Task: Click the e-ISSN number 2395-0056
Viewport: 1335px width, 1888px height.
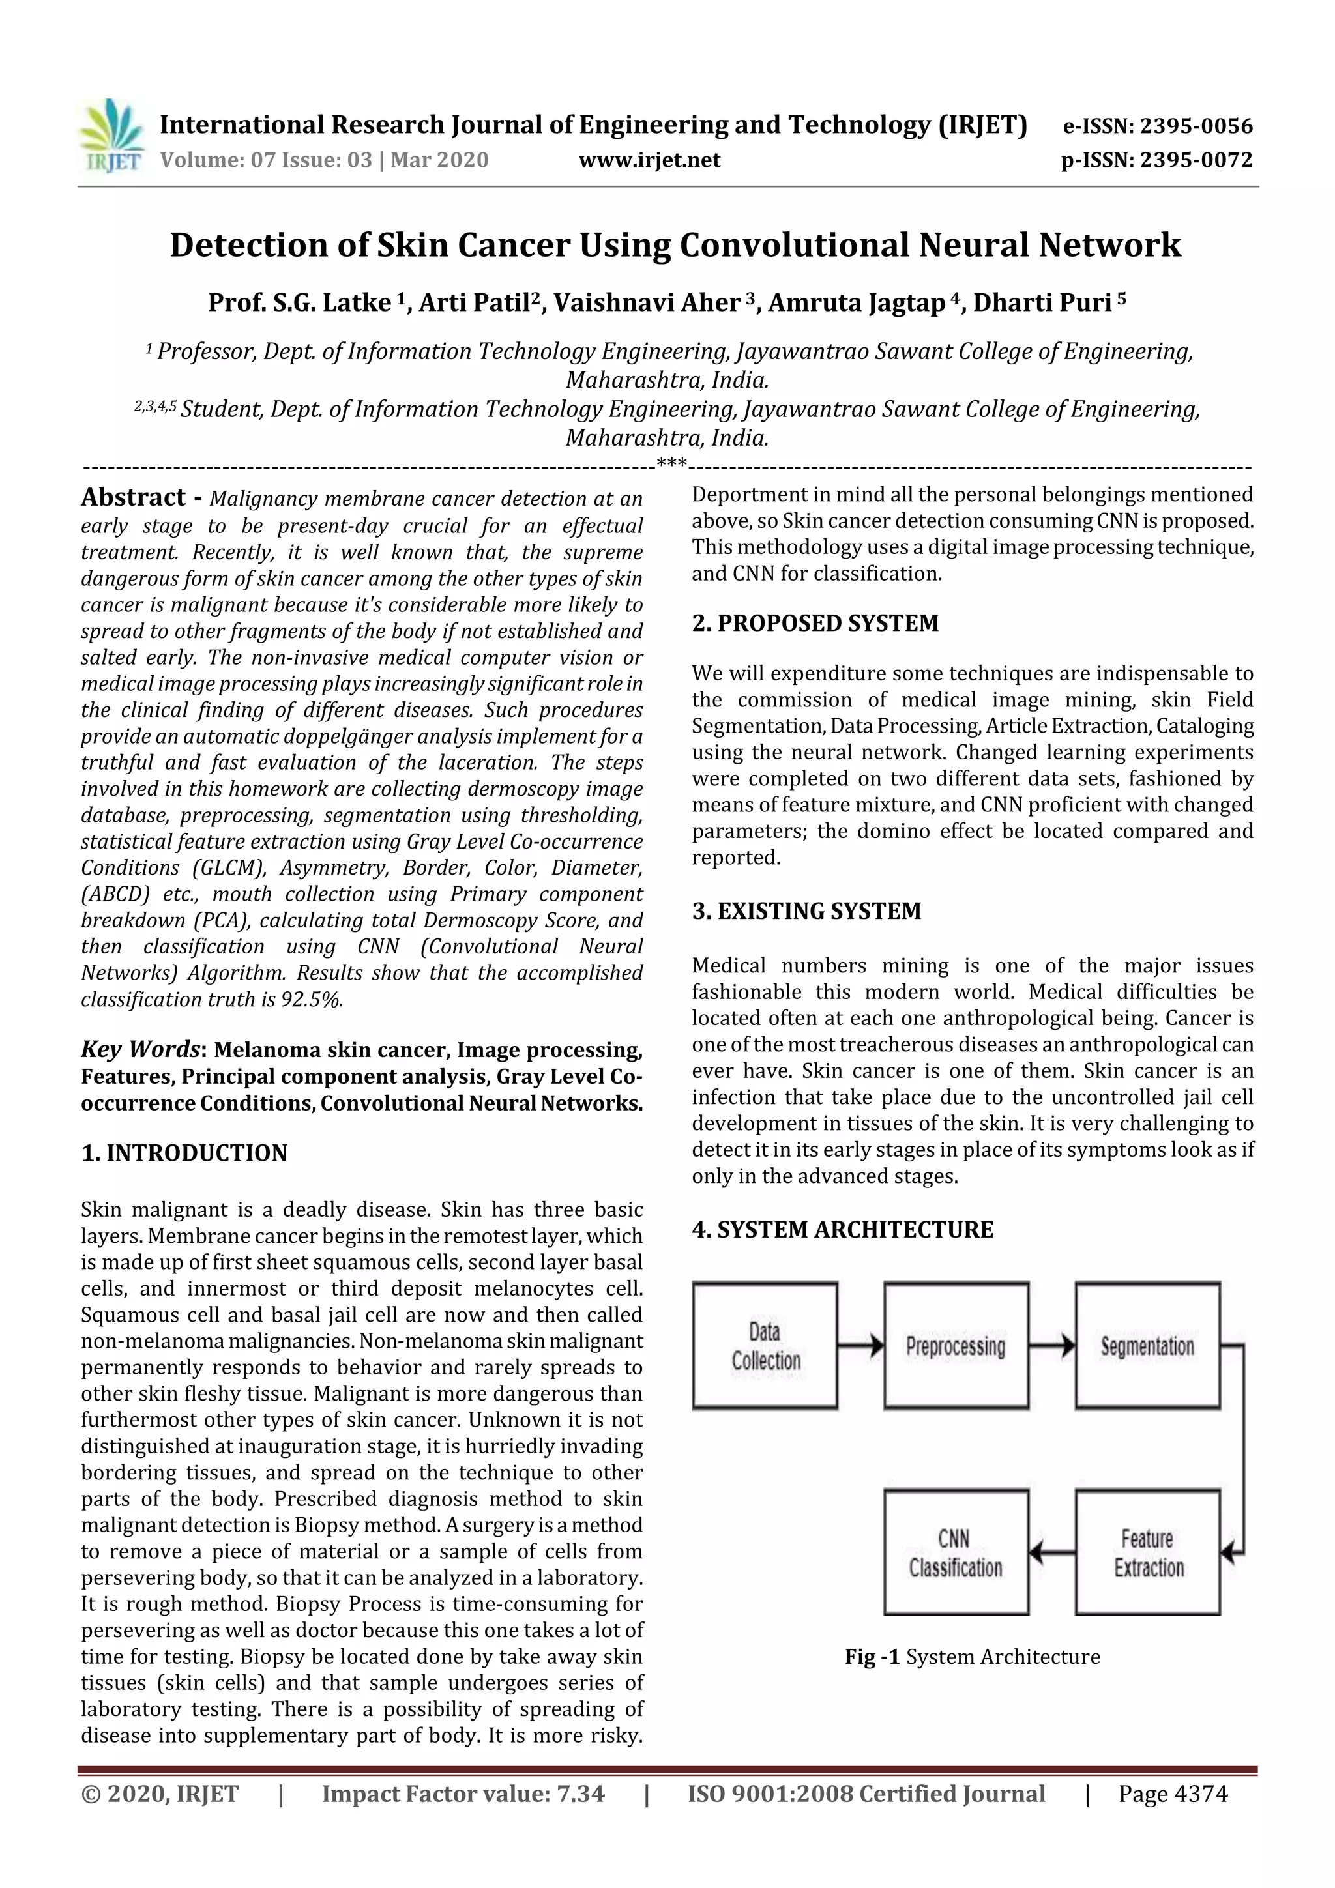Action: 1195,126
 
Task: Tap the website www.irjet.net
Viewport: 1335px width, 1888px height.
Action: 649,160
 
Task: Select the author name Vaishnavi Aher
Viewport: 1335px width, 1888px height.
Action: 647,302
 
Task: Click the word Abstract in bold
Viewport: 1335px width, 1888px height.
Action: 133,497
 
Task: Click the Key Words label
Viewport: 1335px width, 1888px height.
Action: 141,1050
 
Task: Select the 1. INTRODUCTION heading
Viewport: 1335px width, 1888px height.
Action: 184,1153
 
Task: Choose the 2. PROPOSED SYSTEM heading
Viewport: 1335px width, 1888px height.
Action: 815,622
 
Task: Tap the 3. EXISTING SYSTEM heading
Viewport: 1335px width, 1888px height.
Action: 806,910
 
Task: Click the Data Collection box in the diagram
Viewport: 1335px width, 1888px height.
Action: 765,1346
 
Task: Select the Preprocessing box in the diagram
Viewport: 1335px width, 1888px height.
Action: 956,1346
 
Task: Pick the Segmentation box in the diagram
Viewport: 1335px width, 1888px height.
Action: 1147,1346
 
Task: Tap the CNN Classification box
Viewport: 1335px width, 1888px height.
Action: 956,1553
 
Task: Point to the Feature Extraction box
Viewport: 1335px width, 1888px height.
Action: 1147,1553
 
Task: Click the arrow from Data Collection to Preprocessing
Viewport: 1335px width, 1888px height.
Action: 860,1346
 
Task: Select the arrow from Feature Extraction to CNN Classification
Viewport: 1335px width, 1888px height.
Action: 1052,1553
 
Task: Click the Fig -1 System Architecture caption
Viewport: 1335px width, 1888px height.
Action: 971,1656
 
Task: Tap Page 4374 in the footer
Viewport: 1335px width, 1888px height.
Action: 1172,1794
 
